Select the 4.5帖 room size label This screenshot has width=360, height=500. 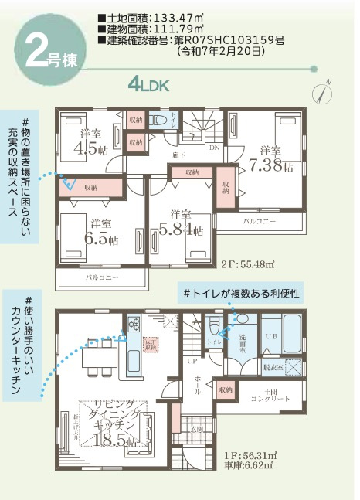(93, 148)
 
